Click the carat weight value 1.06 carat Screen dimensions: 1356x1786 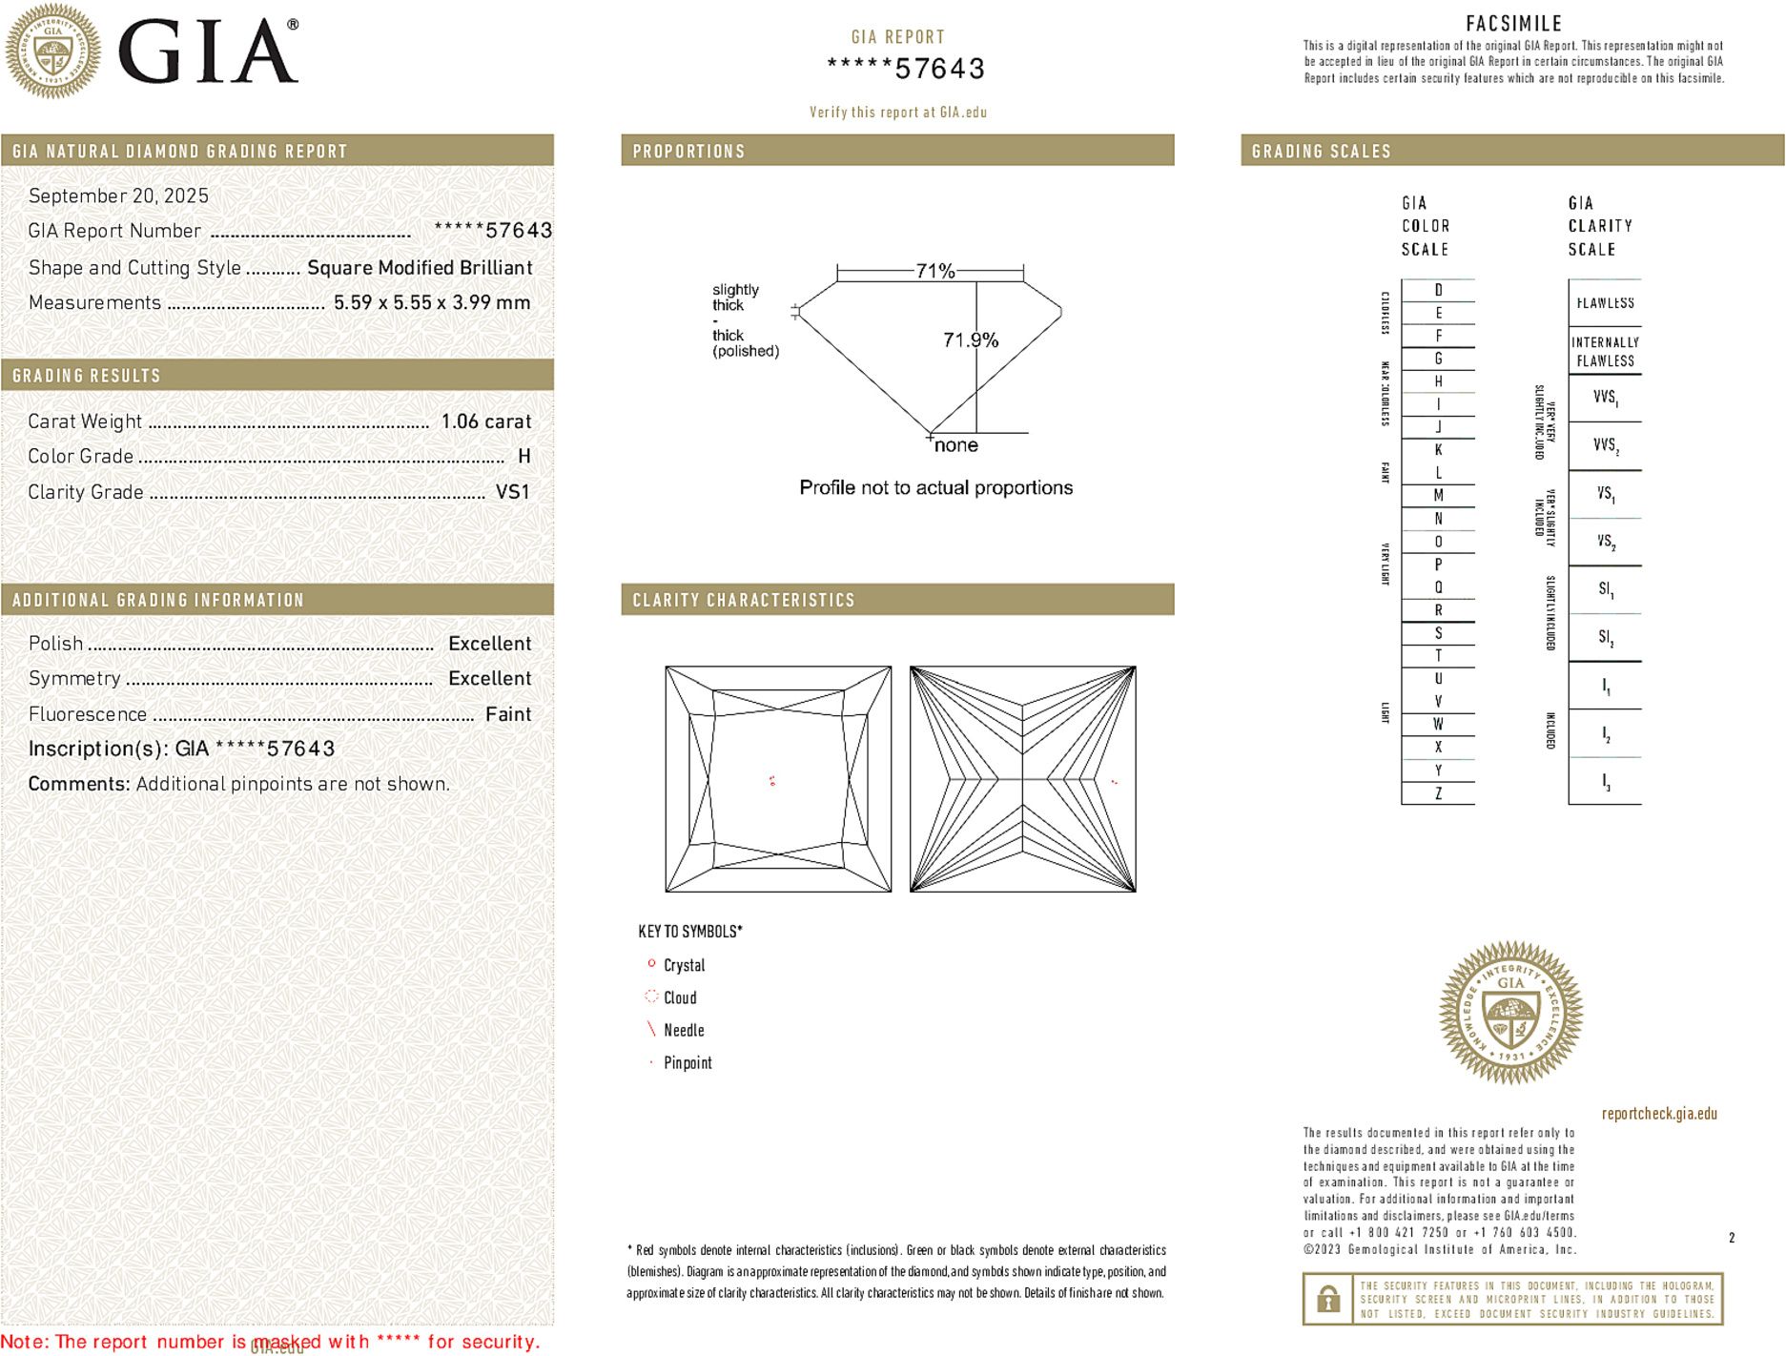pyautogui.click(x=485, y=421)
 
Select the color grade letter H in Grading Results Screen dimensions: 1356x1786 pyautogui.click(x=523, y=457)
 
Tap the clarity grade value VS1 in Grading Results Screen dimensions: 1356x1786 pyautogui.click(x=512, y=492)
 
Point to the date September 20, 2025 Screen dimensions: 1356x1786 pyautogui.click(x=118, y=195)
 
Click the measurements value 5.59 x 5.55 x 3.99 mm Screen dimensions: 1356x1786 pyautogui.click(x=431, y=303)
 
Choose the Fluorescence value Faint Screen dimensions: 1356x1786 pyautogui.click(x=507, y=714)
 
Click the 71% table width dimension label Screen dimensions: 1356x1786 pyautogui.click(x=934, y=271)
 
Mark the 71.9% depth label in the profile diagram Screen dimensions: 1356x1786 pyautogui.click(x=970, y=340)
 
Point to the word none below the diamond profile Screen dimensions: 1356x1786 pyautogui.click(x=955, y=445)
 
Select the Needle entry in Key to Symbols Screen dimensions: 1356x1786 pyautogui.click(x=683, y=1030)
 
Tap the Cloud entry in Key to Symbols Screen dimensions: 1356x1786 pyautogui.click(x=679, y=997)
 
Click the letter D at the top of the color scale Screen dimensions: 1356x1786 pyautogui.click(x=1438, y=290)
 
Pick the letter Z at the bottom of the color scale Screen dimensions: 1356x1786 pyautogui.click(x=1438, y=793)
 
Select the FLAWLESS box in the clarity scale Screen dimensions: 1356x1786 pyautogui.click(x=1605, y=303)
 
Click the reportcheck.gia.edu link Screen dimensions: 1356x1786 pyautogui.click(x=1658, y=1113)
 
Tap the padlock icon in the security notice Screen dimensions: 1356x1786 pyautogui.click(x=1327, y=1299)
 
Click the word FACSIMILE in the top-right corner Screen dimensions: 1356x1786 pyautogui.click(x=1513, y=24)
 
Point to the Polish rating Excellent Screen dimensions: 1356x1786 pyautogui.click(x=489, y=644)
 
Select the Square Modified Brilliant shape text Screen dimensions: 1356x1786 pyautogui.click(x=420, y=268)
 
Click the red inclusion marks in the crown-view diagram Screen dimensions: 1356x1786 pyautogui.click(x=772, y=781)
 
